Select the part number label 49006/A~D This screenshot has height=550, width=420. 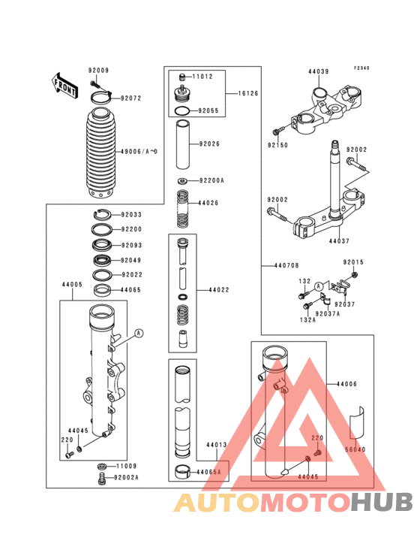pyautogui.click(x=139, y=152)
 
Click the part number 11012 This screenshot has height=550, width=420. pyautogui.click(x=203, y=77)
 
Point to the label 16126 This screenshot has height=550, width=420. pyautogui.click(x=248, y=94)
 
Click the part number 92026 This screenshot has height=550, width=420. pyautogui.click(x=209, y=144)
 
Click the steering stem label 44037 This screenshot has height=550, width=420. pyautogui.click(x=338, y=241)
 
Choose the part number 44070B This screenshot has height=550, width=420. pyautogui.click(x=286, y=266)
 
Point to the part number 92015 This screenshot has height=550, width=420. pyautogui.click(x=353, y=262)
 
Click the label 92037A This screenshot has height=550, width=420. pyautogui.click(x=327, y=313)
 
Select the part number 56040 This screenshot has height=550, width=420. pyautogui.click(x=355, y=449)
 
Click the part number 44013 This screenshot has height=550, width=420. pyautogui.click(x=217, y=445)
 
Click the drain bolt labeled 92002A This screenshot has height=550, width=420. pyautogui.click(x=100, y=478)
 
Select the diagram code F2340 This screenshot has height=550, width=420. pyautogui.click(x=362, y=68)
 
